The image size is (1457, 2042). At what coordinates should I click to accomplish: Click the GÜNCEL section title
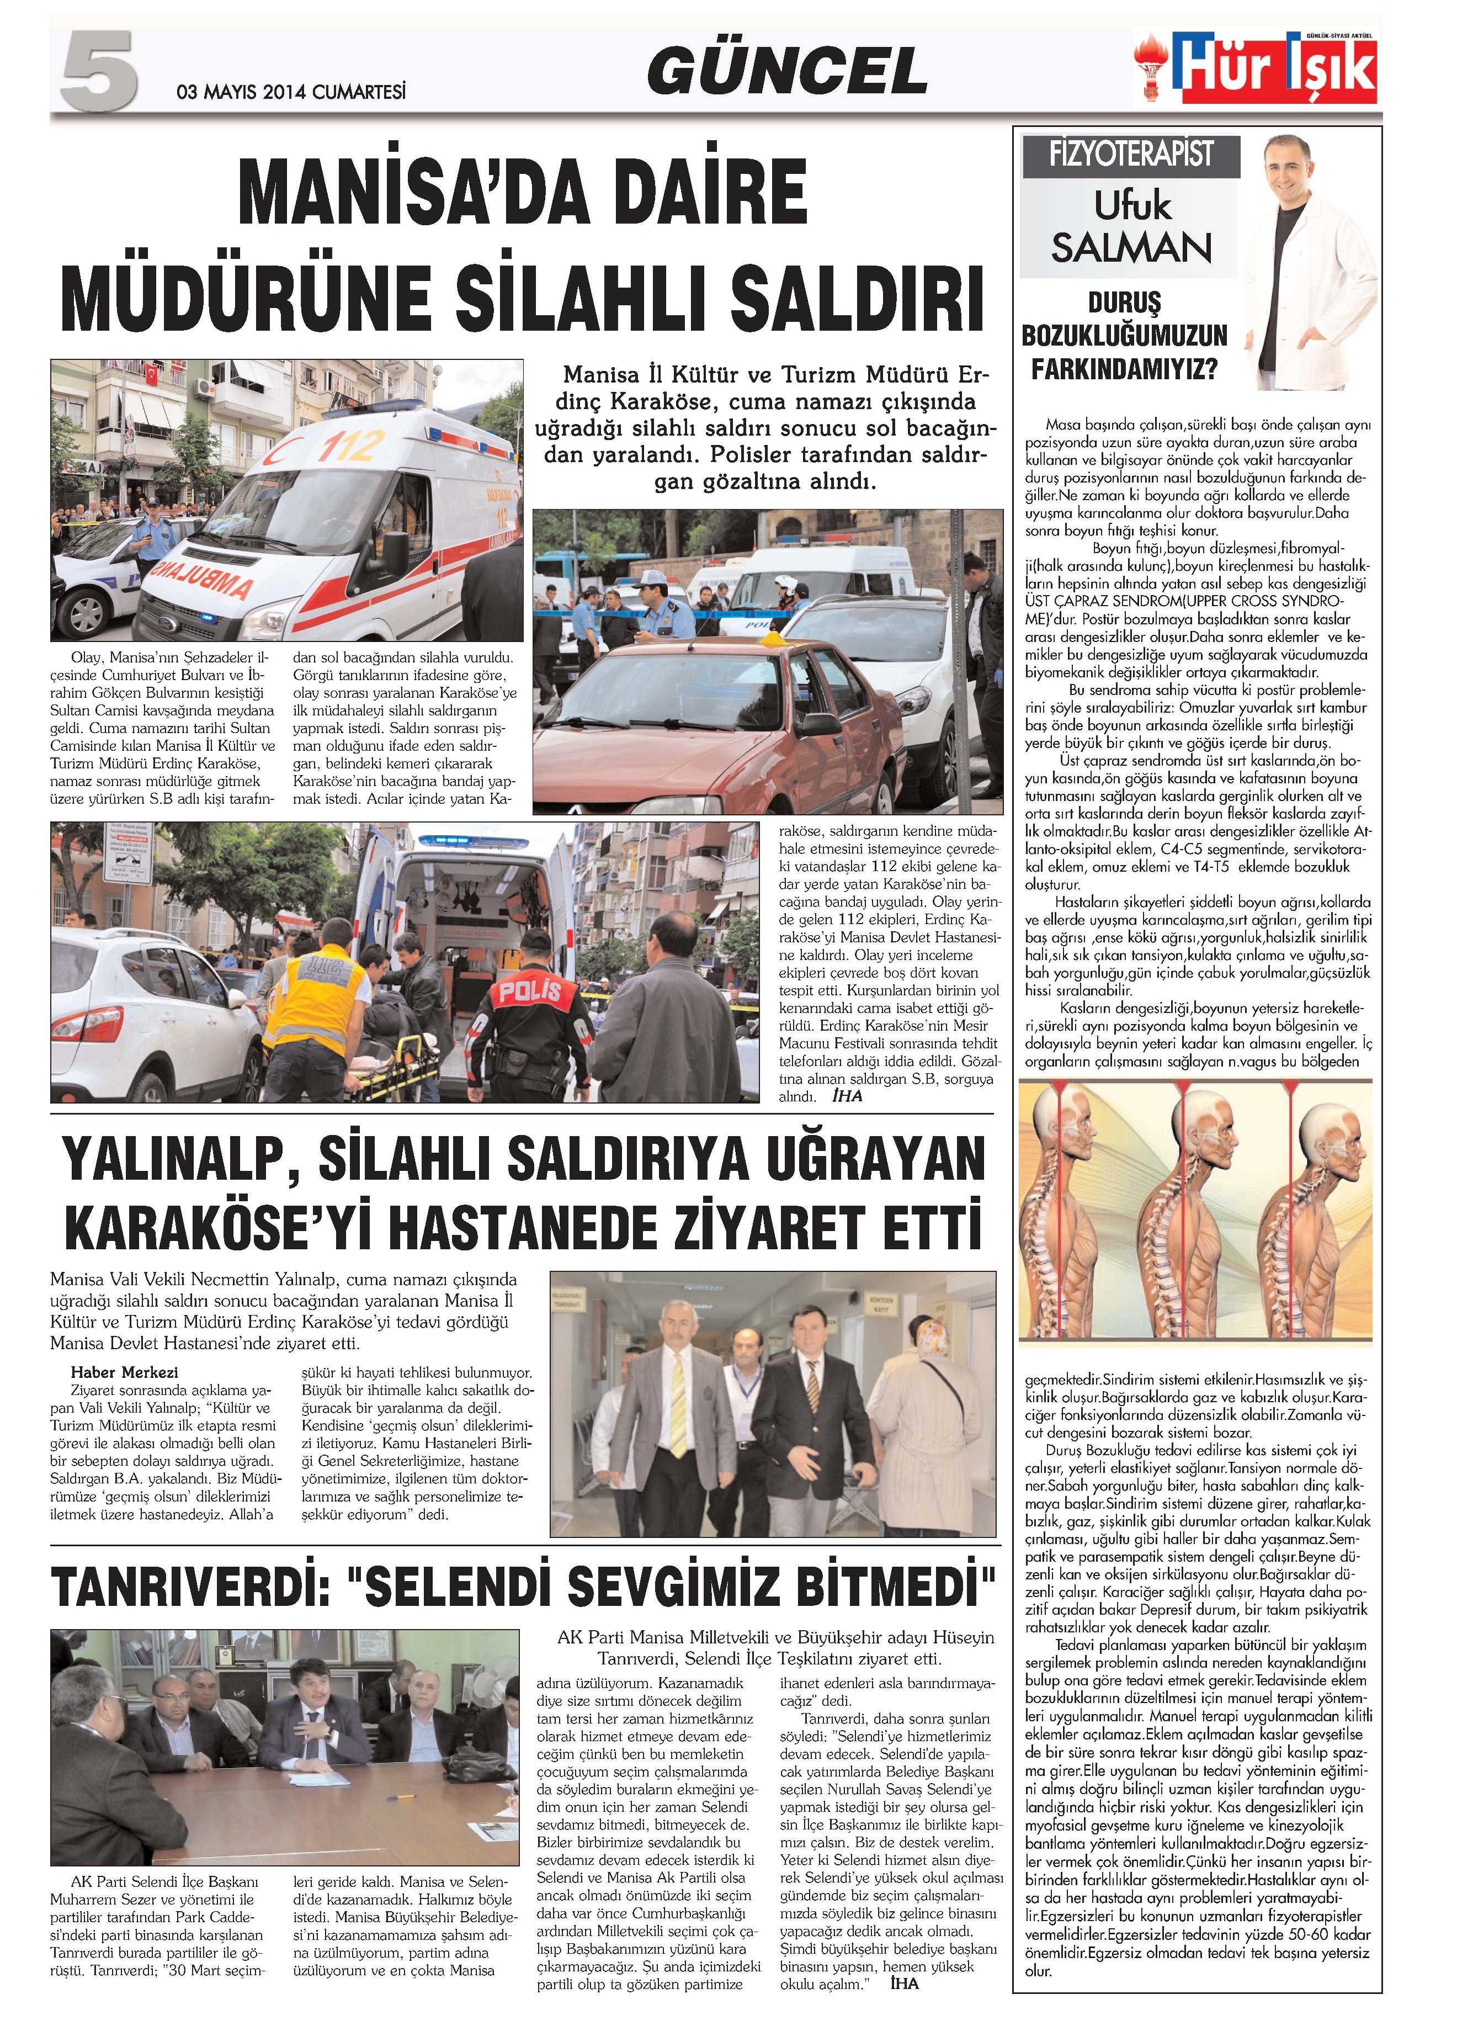(787, 72)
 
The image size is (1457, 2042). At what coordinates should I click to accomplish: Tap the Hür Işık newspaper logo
(1256, 67)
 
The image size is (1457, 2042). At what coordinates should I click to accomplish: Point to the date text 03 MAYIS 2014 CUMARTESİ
(291, 92)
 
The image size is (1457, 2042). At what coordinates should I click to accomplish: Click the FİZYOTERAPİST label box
(1130, 155)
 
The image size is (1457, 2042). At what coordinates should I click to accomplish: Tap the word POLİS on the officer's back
(529, 992)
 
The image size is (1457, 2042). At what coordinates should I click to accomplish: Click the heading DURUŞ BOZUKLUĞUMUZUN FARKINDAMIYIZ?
(1124, 336)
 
